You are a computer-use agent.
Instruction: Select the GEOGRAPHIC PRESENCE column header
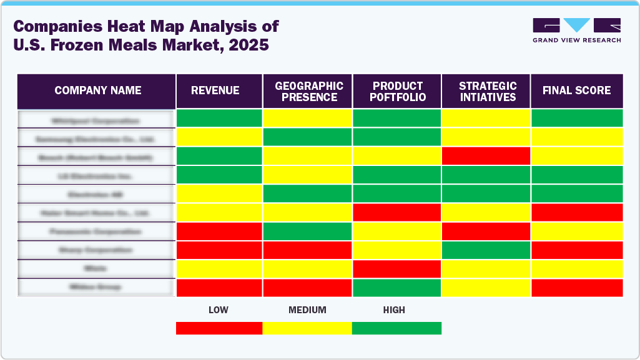coord(307,91)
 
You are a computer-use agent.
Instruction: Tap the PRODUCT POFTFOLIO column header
coord(397,91)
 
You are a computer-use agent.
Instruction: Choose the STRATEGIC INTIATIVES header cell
coord(486,91)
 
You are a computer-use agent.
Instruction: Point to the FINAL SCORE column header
coord(576,91)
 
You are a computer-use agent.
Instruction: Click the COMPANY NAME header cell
coord(97,91)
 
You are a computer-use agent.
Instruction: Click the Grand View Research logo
coord(576,30)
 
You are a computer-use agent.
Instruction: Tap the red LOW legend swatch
coord(219,328)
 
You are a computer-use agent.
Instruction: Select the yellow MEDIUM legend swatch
coord(307,328)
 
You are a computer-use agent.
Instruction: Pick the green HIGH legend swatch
coord(396,328)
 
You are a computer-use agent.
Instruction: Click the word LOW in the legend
coord(218,310)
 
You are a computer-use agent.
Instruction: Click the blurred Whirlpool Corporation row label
coord(96,119)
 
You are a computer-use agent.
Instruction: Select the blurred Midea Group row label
coord(96,287)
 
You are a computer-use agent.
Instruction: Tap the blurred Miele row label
coord(96,268)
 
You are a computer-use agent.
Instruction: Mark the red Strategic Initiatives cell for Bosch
coord(486,156)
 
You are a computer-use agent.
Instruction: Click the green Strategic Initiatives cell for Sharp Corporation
coord(486,250)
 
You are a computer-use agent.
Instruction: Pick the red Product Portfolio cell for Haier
coord(397,212)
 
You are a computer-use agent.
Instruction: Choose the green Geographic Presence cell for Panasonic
coord(307,231)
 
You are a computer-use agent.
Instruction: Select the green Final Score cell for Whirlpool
coord(576,119)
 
